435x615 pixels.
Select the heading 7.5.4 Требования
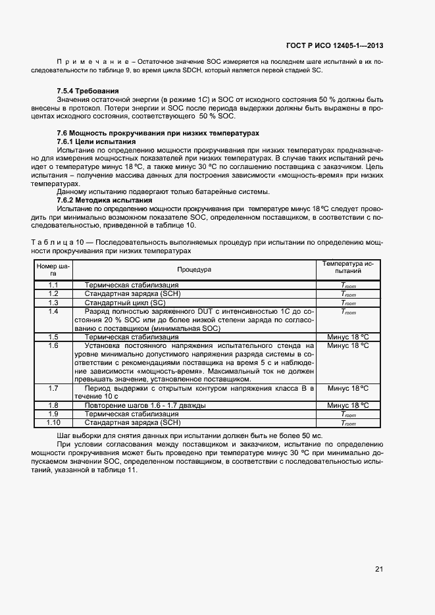[x=88, y=90]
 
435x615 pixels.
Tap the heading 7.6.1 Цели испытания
[x=96, y=141]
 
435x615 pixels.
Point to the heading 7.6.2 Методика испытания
[x=105, y=200]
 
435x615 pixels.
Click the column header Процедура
[x=194, y=270]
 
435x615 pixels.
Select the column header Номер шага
[x=53, y=270]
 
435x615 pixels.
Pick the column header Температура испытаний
[x=348, y=267]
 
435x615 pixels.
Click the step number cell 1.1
[x=53, y=285]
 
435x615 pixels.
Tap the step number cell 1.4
[x=53, y=311]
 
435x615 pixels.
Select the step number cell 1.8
[x=53, y=405]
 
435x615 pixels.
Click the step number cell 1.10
[x=53, y=423]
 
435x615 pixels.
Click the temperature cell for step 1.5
[x=348, y=337]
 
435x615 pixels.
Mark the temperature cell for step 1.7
[x=348, y=388]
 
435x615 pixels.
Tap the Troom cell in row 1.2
[x=348, y=294]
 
